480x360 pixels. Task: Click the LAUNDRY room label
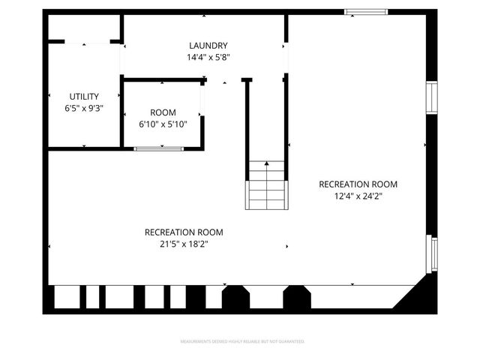(208, 46)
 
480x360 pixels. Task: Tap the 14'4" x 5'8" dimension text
(208, 57)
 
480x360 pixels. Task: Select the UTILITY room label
(84, 96)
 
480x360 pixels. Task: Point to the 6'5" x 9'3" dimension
(84, 108)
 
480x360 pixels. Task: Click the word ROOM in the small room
(163, 112)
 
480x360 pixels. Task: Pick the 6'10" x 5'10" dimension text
(163, 124)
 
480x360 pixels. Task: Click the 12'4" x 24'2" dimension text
(358, 196)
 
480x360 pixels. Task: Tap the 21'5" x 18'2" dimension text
(184, 244)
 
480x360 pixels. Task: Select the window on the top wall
(366, 11)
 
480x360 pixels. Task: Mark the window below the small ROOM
(158, 148)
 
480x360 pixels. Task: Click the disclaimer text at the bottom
(243, 342)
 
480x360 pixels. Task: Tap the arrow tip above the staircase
(266, 162)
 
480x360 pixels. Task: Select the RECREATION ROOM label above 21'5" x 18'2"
(184, 232)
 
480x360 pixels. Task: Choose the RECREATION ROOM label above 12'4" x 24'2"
(358, 184)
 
